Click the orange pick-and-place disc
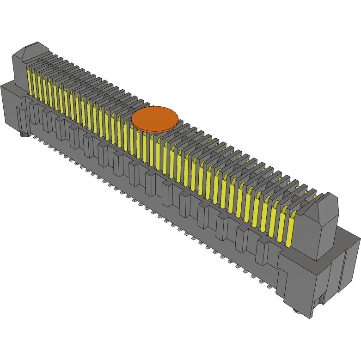[x=154, y=118]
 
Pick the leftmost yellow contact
[x=30, y=81]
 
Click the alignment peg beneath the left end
[x=24, y=135]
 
